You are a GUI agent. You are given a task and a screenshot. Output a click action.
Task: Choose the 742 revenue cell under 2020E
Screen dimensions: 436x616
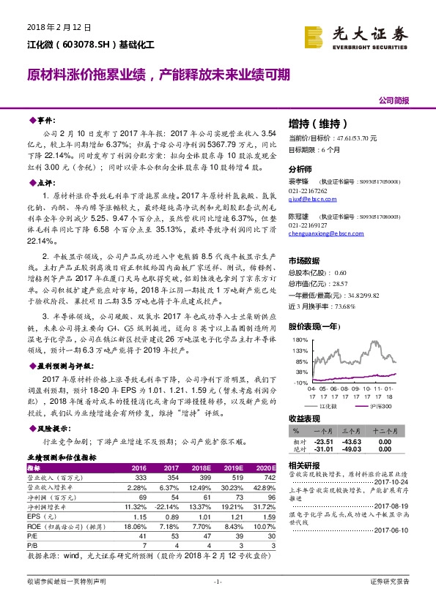click(x=267, y=476)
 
